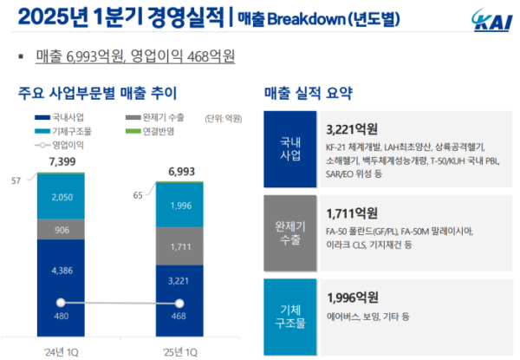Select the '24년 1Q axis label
point(61,351)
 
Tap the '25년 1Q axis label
point(179,351)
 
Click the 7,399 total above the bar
point(61,162)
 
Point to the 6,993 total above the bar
point(179,171)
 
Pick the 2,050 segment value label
point(61,198)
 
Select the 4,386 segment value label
point(61,270)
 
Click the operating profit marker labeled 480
point(61,302)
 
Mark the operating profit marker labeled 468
point(179,303)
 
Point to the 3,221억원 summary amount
point(353,128)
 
